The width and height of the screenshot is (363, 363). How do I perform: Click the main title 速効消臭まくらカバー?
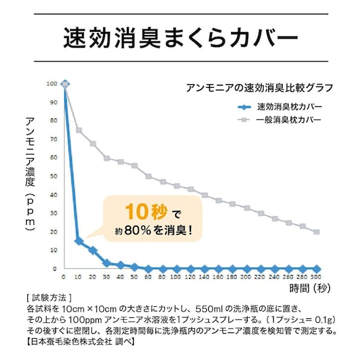coord(181,39)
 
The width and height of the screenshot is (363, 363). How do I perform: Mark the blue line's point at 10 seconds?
coord(78,241)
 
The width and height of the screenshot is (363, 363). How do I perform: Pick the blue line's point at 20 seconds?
coord(93,250)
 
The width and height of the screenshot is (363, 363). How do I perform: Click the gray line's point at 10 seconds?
coord(78,130)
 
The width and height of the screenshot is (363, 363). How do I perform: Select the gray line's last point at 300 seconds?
coord(317,232)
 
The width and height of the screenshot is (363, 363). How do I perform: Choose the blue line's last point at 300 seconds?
coord(317,269)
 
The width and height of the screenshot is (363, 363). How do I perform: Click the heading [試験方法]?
coord(45,298)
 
